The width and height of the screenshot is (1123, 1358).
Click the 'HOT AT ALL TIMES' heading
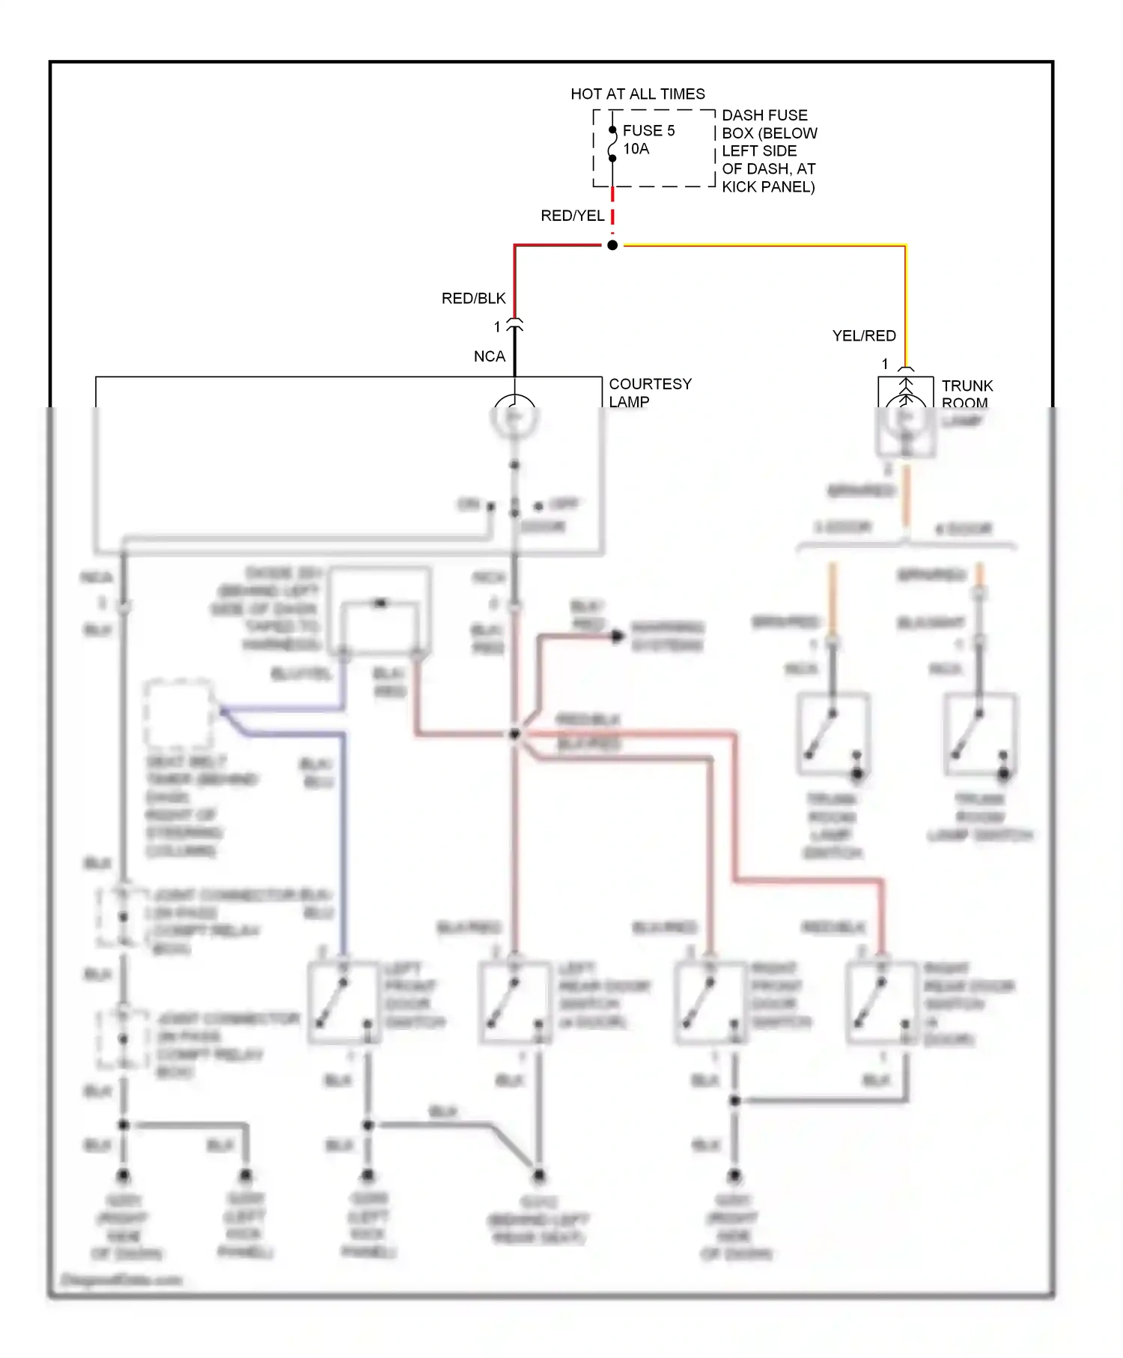click(637, 94)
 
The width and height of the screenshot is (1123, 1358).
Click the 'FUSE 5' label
click(648, 131)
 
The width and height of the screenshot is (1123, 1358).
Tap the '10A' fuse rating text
click(636, 149)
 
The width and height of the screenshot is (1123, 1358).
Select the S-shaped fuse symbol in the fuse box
click(612, 144)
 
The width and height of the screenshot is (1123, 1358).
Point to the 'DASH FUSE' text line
click(764, 115)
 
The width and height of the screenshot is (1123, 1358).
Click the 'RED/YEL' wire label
click(572, 216)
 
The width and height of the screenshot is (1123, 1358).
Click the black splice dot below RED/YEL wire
click(612, 246)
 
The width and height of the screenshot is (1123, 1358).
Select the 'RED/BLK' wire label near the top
click(473, 299)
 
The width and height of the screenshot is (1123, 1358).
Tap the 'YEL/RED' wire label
click(864, 336)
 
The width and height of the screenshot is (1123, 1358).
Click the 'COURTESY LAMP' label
click(649, 392)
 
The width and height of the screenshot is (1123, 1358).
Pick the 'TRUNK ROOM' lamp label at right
click(967, 394)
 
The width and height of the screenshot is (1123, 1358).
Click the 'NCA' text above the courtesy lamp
click(489, 357)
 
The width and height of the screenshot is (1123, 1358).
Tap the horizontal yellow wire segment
click(764, 246)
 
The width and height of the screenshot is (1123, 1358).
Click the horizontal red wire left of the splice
click(558, 246)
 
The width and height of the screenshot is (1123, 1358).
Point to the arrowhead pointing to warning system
click(617, 636)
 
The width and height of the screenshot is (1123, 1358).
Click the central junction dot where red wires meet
click(515, 734)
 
